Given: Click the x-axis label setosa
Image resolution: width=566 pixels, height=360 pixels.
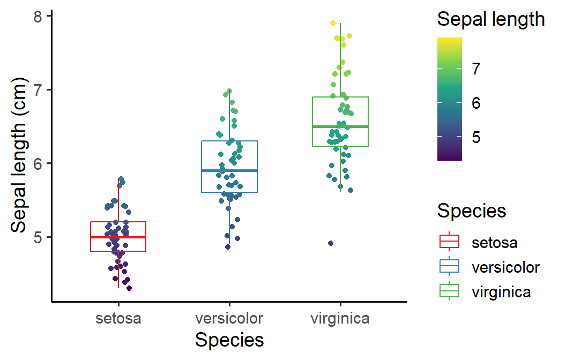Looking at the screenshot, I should pyautogui.click(x=118, y=319).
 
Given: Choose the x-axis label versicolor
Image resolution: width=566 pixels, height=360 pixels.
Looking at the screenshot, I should pyautogui.click(x=229, y=319).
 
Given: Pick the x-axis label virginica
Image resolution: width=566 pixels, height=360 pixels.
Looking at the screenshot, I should pyautogui.click(x=340, y=319).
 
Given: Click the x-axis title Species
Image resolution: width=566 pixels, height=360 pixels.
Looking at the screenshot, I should pyautogui.click(x=229, y=340).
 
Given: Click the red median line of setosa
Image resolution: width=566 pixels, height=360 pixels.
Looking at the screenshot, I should pyautogui.click(x=118, y=237).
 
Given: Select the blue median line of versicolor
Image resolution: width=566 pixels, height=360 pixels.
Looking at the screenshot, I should pyautogui.click(x=229, y=170).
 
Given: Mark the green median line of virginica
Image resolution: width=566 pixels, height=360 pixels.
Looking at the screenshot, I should pyautogui.click(x=340, y=126).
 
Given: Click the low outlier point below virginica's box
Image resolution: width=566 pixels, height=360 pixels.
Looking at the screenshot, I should pyautogui.click(x=331, y=243).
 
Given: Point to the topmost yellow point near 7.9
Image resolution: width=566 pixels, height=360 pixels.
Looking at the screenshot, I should pyautogui.click(x=332, y=23).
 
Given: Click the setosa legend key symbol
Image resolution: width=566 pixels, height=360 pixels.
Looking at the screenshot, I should pyautogui.click(x=449, y=242).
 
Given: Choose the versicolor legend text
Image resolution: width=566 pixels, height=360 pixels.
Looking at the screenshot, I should pyautogui.click(x=505, y=267).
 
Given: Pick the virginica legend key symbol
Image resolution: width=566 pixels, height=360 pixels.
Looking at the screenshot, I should pyautogui.click(x=449, y=291).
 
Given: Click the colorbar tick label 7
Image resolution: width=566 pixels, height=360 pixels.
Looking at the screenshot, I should pyautogui.click(x=475, y=69).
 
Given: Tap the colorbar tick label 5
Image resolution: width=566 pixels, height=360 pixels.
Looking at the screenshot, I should pyautogui.click(x=475, y=137).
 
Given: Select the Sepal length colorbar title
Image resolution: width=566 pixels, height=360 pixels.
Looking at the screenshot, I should pyautogui.click(x=491, y=20).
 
